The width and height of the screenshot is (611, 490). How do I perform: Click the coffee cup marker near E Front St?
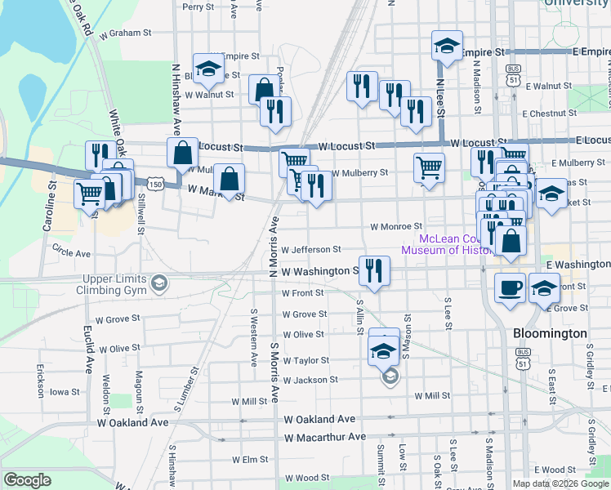pyautogui.click(x=511, y=289)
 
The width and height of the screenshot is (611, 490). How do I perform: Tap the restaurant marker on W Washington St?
pyautogui.click(x=374, y=270)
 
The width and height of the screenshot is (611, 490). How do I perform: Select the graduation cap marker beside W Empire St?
pyautogui.click(x=208, y=69)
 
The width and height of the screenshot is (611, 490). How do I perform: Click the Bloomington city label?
pyautogui.click(x=550, y=333)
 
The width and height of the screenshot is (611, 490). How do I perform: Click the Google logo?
pyautogui.click(x=27, y=480)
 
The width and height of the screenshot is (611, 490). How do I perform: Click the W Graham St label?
pyautogui.click(x=126, y=33)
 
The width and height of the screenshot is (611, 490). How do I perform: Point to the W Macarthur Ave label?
pyautogui.click(x=325, y=437)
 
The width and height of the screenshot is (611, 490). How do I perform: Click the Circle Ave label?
pyautogui.click(x=71, y=254)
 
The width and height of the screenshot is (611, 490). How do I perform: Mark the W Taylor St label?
pyautogui.click(x=305, y=360)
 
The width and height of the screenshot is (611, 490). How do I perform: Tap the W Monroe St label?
pyautogui.click(x=395, y=226)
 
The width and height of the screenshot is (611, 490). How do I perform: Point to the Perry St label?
pyautogui.click(x=198, y=7)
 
